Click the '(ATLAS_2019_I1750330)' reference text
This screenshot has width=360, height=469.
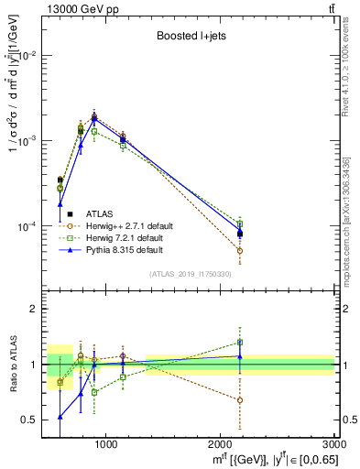[x=191, y=274]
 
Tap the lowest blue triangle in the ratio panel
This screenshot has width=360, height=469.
[x=60, y=417]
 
